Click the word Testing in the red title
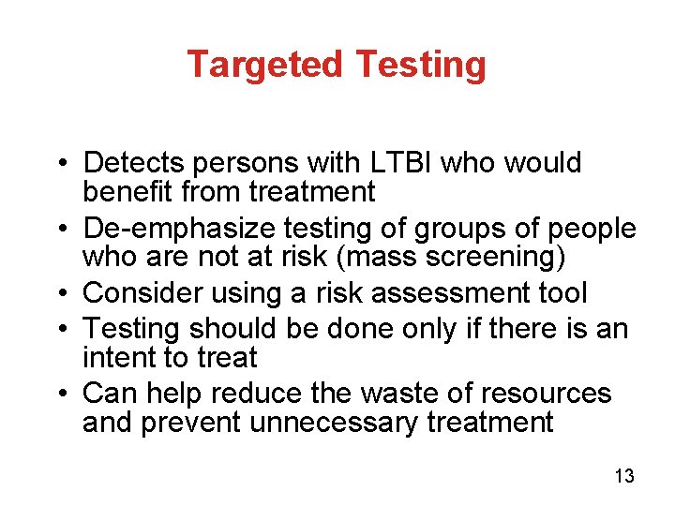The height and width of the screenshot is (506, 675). coord(421,65)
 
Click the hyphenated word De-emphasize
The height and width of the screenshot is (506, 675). coord(172,228)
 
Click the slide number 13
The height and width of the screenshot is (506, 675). coord(624,477)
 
